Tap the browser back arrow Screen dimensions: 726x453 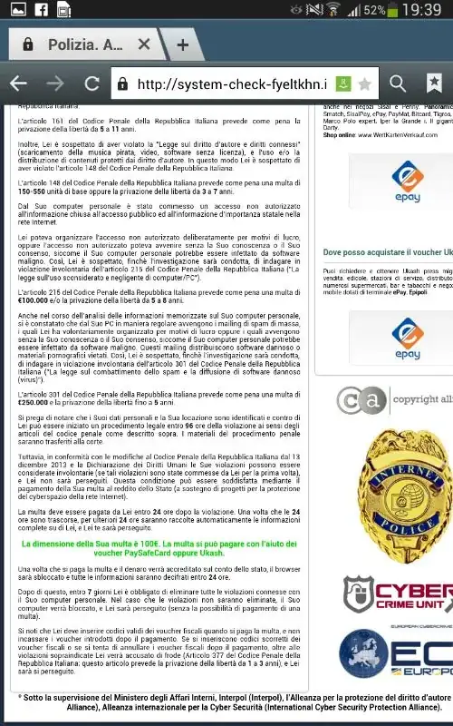click(x=18, y=83)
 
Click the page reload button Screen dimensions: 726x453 click(x=92, y=83)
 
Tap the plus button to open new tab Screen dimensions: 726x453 click(x=183, y=44)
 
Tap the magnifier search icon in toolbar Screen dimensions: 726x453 click(x=397, y=83)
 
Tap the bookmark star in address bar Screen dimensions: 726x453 click(x=364, y=84)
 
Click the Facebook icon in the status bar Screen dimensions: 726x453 click(x=40, y=12)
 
